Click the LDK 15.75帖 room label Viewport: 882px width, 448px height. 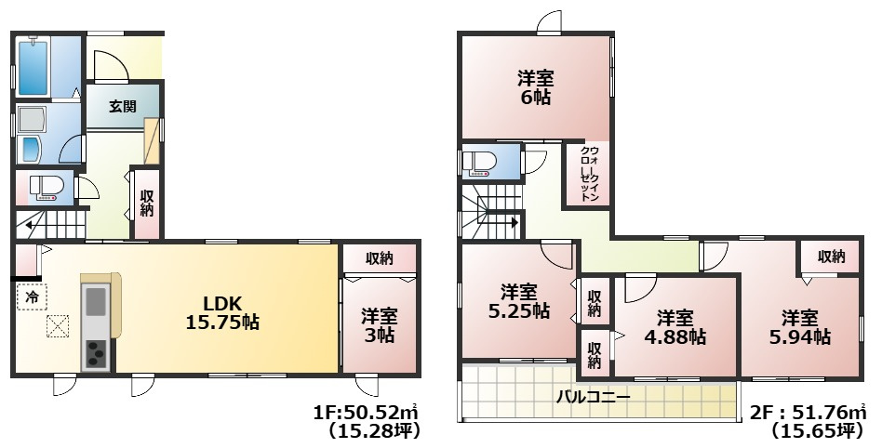[223, 312]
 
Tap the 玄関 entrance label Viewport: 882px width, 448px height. [122, 106]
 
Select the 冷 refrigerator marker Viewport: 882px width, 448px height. [32, 297]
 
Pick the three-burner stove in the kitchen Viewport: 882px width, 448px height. [96, 353]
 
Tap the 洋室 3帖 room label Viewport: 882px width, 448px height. [378, 325]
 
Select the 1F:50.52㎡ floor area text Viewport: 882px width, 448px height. [367, 412]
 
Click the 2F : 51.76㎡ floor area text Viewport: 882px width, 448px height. [808, 412]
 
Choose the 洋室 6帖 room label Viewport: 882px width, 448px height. [535, 86]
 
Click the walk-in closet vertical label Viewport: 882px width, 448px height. [588, 174]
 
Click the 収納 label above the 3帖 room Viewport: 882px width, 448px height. [378, 257]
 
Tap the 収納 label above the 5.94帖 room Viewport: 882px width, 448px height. [831, 257]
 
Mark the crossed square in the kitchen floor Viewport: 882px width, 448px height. [58, 327]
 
